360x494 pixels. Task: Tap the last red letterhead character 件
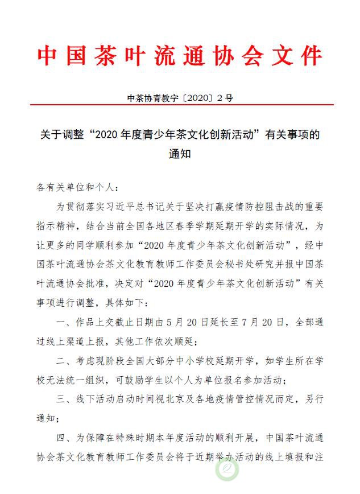click(310, 56)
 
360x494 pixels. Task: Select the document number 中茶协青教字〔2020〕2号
click(180, 98)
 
